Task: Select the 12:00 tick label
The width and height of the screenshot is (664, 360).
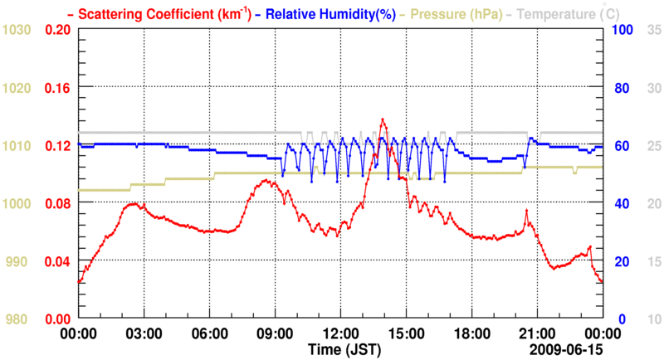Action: click(x=340, y=333)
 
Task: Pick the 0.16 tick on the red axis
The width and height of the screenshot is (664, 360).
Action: click(x=59, y=88)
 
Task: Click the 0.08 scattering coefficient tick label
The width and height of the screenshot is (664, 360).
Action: click(x=59, y=203)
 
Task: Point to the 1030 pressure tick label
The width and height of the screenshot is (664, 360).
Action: click(x=17, y=30)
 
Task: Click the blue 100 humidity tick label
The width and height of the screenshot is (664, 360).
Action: click(x=623, y=30)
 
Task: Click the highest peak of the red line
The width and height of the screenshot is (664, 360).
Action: click(x=383, y=119)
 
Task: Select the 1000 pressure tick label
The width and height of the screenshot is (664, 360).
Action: click(x=17, y=203)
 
